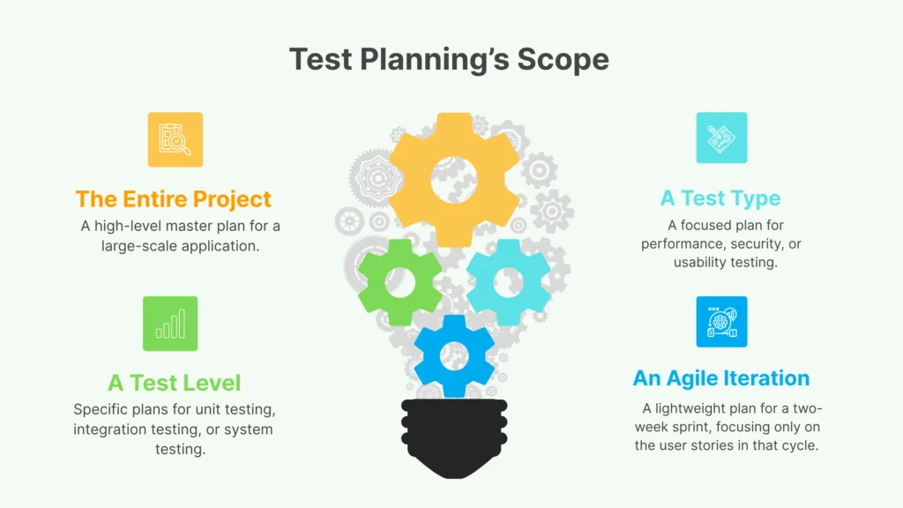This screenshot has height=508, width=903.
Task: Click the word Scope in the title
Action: (563, 59)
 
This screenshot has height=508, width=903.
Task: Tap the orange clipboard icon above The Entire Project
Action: (175, 139)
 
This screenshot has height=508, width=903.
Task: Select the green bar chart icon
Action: (170, 324)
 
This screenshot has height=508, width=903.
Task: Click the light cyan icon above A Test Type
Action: (721, 138)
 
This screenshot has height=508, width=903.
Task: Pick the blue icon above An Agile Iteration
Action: (721, 322)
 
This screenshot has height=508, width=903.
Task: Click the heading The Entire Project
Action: (174, 198)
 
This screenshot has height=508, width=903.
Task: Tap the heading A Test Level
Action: (174, 383)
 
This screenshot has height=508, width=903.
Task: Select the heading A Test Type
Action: (720, 198)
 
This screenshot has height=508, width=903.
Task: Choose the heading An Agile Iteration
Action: (721, 377)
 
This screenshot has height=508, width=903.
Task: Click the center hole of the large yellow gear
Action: (454, 180)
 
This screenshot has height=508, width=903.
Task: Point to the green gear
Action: (399, 283)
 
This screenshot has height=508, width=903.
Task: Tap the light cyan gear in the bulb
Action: (508, 283)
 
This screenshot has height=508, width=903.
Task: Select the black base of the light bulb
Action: (454, 437)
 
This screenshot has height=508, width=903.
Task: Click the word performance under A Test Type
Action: (675, 244)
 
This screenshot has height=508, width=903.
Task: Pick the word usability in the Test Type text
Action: (698, 263)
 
